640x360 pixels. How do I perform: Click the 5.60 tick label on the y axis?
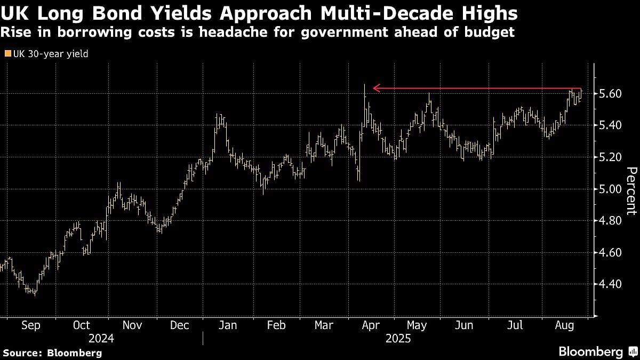[610, 94]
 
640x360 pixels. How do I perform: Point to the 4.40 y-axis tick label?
[610, 284]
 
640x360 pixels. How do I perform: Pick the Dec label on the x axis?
[179, 325]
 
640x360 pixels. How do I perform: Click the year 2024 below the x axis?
[101, 338]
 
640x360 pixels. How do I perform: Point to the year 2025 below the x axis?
[398, 338]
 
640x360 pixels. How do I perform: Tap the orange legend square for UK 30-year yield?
[7, 53]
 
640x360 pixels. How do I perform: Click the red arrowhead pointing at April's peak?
[376, 88]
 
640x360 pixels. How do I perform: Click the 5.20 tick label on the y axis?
[610, 157]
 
